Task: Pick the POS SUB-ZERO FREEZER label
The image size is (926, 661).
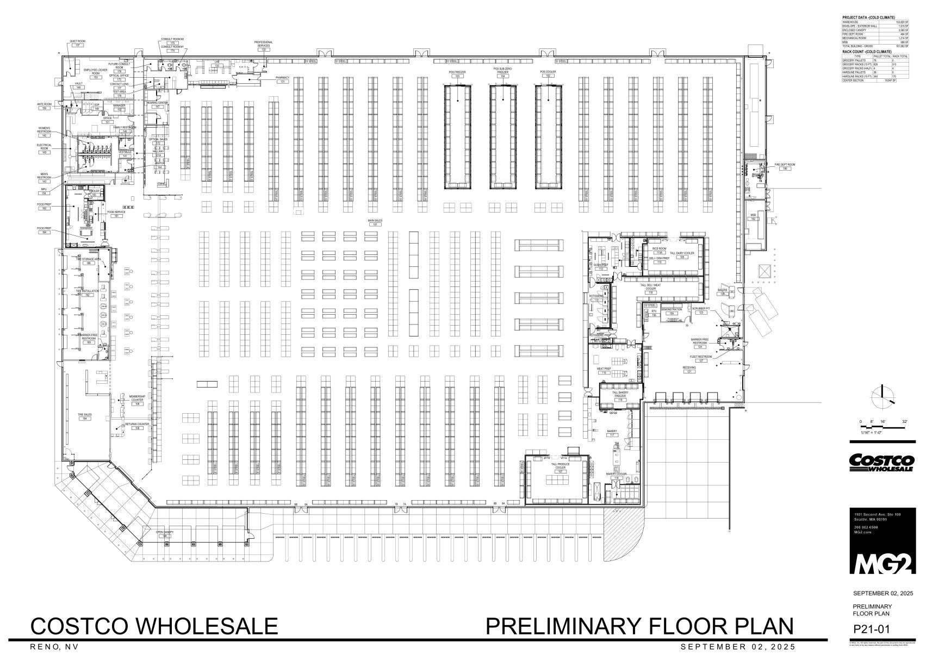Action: click(x=502, y=71)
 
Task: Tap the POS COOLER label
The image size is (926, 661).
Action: click(x=548, y=72)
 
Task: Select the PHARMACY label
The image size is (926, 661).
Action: click(x=283, y=78)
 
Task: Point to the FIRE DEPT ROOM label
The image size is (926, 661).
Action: click(x=785, y=164)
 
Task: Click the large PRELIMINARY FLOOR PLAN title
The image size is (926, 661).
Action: click(x=639, y=626)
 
